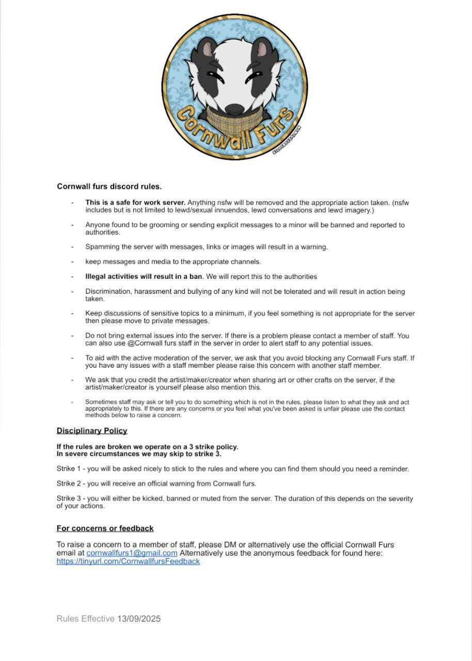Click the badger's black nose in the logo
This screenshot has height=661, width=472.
235,109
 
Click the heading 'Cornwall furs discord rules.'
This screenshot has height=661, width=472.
109,186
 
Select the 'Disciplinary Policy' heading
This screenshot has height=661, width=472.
92,431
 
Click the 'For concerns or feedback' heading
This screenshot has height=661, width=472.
105,528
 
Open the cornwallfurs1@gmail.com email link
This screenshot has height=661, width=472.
132,553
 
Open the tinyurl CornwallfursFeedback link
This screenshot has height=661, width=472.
128,561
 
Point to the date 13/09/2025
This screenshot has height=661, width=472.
139,619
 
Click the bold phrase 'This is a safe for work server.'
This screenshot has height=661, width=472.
135,202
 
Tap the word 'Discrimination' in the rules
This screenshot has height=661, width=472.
107,292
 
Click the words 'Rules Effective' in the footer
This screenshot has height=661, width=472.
85,619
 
